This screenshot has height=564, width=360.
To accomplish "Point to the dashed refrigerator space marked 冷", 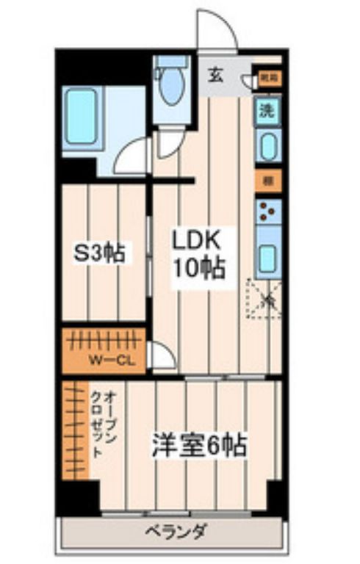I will pyautogui.click(x=264, y=298).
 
